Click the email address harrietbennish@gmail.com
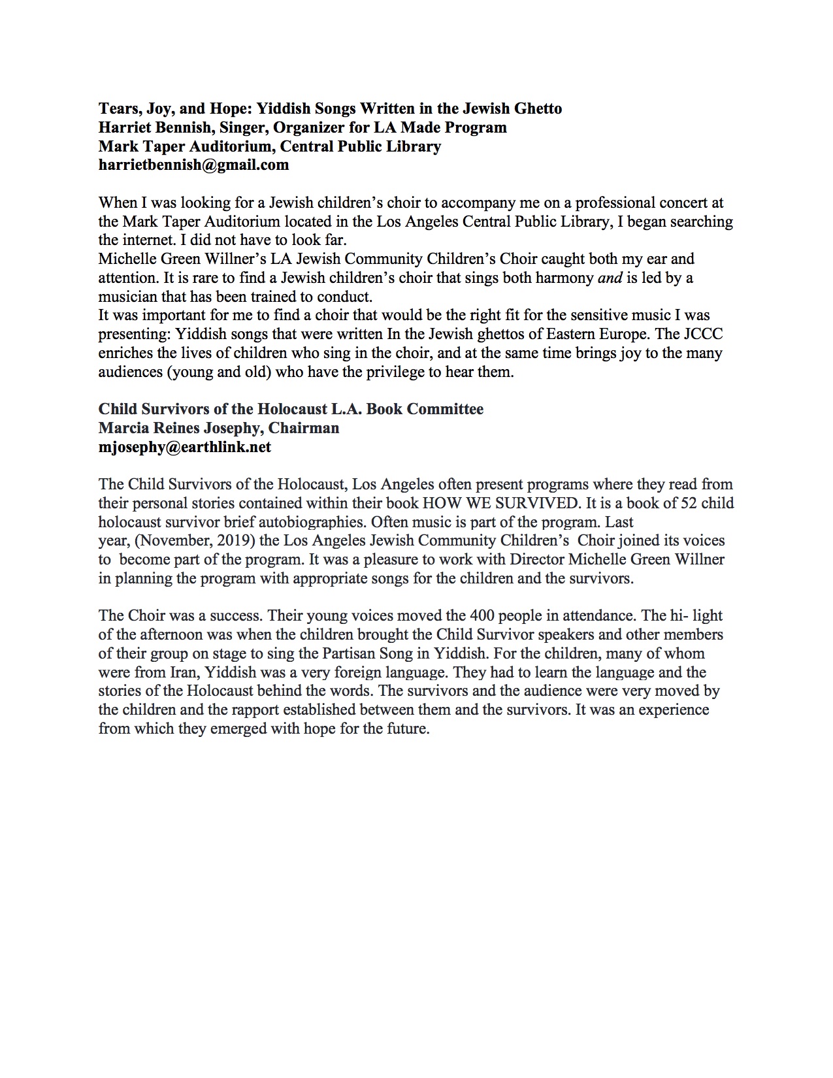point(193,165)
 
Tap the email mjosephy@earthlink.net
point(184,448)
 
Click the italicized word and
point(610,278)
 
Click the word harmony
point(563,278)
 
